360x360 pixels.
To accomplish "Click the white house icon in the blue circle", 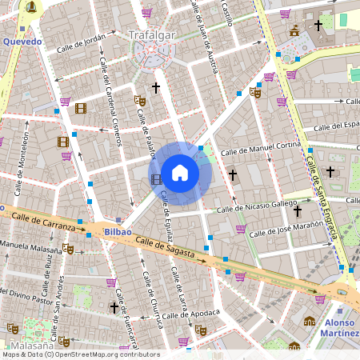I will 180,172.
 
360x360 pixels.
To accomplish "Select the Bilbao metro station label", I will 117,231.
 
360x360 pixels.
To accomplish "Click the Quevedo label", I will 22,41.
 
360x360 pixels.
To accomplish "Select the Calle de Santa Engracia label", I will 320,192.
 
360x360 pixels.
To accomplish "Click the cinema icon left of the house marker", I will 155,178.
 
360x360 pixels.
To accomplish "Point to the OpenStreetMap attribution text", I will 80,354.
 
